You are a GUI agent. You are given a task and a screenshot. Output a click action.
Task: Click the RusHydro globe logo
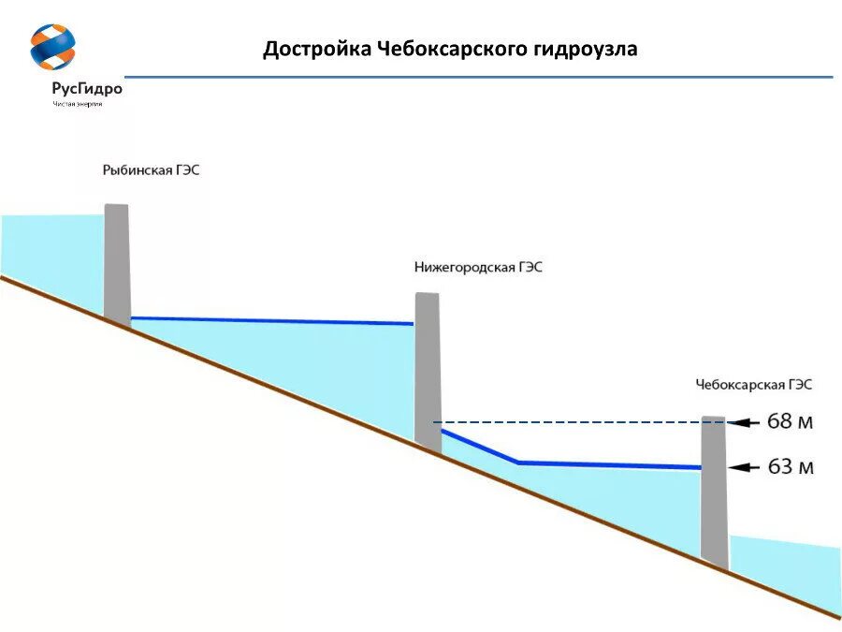[x=52, y=48]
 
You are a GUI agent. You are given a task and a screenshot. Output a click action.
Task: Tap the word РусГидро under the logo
[x=87, y=89]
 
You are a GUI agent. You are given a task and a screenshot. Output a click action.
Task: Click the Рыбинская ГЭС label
[x=151, y=170]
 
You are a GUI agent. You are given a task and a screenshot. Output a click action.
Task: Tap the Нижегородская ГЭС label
[x=478, y=267]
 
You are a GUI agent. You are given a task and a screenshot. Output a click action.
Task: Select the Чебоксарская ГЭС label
[x=754, y=384]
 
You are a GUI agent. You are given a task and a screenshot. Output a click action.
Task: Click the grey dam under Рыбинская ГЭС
[x=117, y=263]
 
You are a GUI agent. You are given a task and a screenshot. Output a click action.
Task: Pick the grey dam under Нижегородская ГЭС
[x=428, y=370]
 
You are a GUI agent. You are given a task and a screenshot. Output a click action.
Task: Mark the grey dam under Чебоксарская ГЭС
[x=714, y=492]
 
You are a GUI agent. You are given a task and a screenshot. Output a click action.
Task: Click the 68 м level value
[x=790, y=422]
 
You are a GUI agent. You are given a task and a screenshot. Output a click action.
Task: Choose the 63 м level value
[x=790, y=466]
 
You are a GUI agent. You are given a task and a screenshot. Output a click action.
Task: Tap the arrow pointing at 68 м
[x=744, y=422]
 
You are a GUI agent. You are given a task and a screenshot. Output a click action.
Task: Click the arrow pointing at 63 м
[x=744, y=466]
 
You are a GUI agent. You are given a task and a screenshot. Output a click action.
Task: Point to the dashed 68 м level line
[x=571, y=422]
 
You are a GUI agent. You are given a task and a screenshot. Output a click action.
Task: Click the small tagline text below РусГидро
[x=78, y=104]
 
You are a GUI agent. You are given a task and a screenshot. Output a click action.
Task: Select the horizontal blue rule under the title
[x=477, y=77]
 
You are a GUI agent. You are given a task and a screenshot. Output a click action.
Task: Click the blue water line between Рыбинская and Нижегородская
[x=271, y=321]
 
